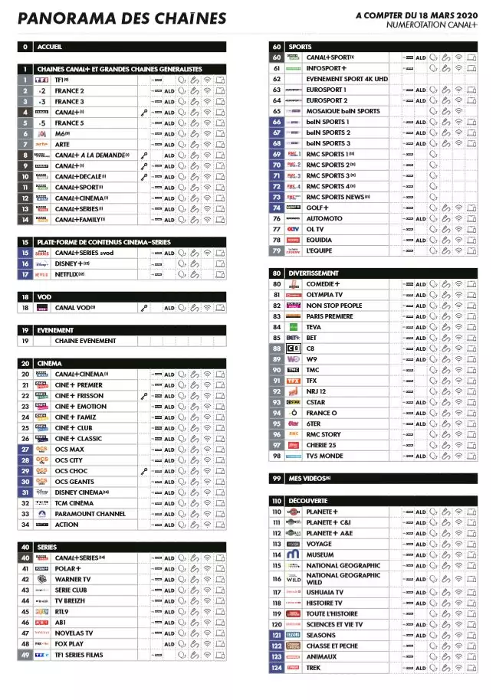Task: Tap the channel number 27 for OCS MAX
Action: click(25, 450)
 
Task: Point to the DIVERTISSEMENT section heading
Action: click(314, 273)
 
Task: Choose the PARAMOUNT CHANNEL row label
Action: click(90, 514)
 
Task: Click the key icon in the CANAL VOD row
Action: click(143, 308)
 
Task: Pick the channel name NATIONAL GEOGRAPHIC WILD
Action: click(343, 578)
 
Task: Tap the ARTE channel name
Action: click(62, 144)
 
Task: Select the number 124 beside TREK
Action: click(277, 668)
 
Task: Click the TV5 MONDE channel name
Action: click(324, 456)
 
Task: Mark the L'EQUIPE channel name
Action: click(319, 250)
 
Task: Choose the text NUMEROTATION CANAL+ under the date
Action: click(432, 25)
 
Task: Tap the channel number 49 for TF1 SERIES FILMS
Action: click(25, 655)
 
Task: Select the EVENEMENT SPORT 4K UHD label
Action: click(347, 79)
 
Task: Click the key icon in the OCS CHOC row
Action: click(143, 471)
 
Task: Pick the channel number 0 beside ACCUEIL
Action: click(25, 47)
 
